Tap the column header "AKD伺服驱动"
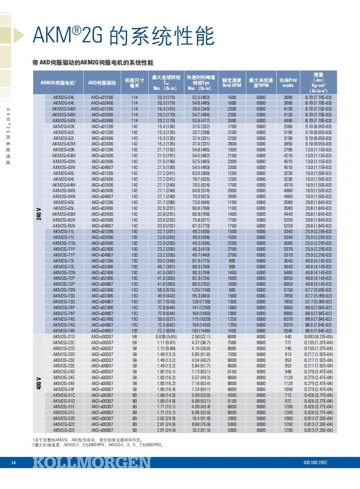102,83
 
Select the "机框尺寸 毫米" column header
134,83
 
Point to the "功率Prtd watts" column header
288,83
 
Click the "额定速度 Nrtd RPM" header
231,83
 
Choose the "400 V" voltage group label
38,383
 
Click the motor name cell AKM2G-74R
64,330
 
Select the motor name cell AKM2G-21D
64,337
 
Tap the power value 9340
288,330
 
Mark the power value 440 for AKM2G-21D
288,337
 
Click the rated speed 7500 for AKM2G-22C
231,342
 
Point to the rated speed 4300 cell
231,395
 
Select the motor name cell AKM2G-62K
64,126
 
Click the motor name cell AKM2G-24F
64,389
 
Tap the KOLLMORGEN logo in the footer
92,462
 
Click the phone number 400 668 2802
315,463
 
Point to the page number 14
13,463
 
